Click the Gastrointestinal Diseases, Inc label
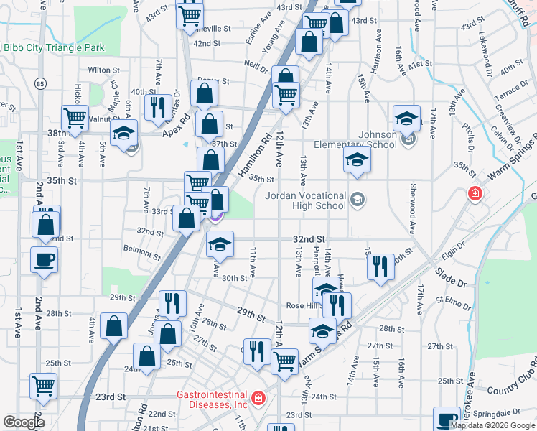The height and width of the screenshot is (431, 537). [213, 399]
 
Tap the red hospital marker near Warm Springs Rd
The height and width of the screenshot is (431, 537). [475, 194]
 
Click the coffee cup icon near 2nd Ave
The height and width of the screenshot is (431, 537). [44, 259]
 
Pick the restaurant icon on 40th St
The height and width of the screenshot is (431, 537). [156, 106]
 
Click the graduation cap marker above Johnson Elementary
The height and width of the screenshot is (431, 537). [406, 117]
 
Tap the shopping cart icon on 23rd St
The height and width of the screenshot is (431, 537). [43, 385]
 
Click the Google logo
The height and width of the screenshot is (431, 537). [24, 422]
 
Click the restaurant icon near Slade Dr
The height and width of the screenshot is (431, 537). [380, 266]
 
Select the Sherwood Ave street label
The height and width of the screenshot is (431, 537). [412, 208]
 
